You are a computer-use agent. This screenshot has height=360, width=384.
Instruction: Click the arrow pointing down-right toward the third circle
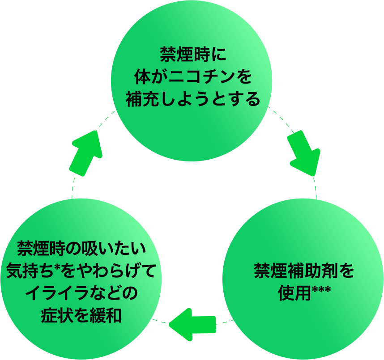[304, 153]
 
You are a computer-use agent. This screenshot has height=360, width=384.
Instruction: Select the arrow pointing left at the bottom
[193, 325]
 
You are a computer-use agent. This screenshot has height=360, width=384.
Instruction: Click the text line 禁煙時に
[193, 54]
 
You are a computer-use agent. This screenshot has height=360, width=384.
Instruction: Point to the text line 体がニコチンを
[193, 76]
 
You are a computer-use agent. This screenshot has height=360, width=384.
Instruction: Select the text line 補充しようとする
[193, 99]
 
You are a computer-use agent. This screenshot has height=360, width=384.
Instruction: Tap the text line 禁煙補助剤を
[304, 271]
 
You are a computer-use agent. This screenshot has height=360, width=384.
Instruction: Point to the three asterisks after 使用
[321, 290]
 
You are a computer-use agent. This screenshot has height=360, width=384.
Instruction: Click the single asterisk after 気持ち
[57, 268]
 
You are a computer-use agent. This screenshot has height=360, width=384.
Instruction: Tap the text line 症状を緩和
[81, 315]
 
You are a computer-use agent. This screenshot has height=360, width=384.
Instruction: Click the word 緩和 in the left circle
[106, 315]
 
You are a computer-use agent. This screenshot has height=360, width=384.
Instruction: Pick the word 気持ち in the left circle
[30, 271]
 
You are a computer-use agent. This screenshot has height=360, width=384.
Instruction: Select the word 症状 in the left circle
[57, 315]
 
